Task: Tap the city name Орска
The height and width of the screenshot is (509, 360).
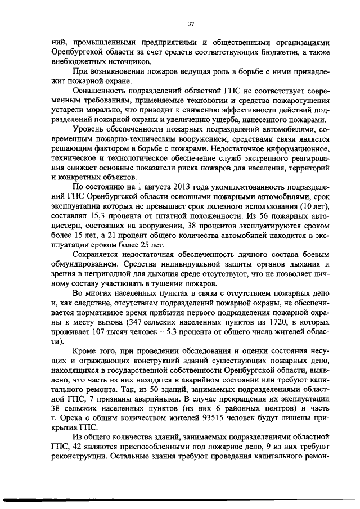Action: [62, 418]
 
